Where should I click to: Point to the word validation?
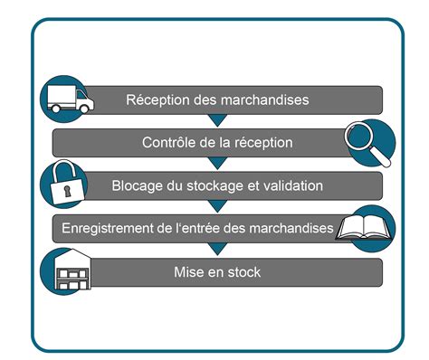pyautogui.click(x=292, y=185)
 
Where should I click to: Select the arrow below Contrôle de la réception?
pyautogui.click(x=215, y=164)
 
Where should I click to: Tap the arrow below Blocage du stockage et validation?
pyautogui.click(x=215, y=207)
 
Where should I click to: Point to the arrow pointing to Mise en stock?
pyautogui.click(x=215, y=250)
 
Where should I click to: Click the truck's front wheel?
pyautogui.click(x=81, y=109)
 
